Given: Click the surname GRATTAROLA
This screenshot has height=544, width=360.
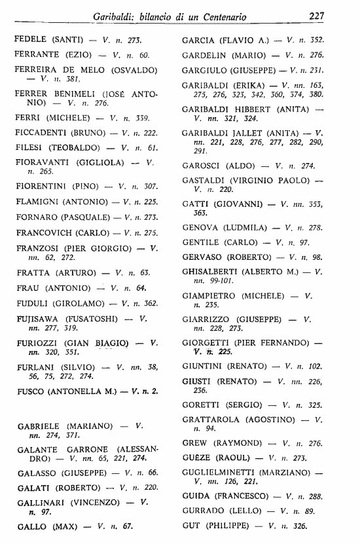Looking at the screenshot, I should point(213,419).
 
